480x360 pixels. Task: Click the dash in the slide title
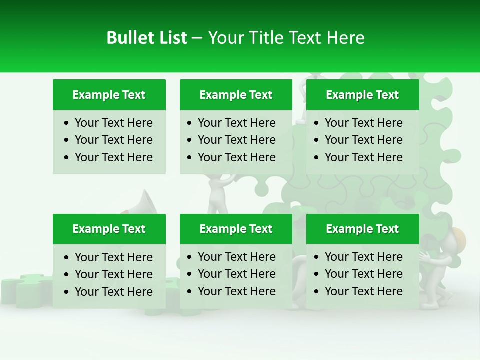pyautogui.click(x=197, y=38)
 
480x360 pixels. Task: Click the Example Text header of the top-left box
pyautogui.click(x=109, y=95)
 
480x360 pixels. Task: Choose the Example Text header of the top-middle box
pyautogui.click(x=236, y=95)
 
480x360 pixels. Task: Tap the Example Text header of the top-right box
pyautogui.click(x=362, y=95)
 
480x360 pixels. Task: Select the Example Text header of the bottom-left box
pyautogui.click(x=109, y=229)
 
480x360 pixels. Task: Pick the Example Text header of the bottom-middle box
pyautogui.click(x=236, y=229)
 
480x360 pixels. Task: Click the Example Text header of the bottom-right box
pyautogui.click(x=362, y=229)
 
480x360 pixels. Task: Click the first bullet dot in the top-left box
pyautogui.click(x=67, y=123)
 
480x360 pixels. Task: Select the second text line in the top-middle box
pyautogui.click(x=236, y=140)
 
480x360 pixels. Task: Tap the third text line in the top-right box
pyautogui.click(x=363, y=157)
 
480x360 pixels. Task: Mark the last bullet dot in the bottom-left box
pyautogui.click(x=67, y=292)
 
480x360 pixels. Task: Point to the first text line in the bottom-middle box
pyautogui.click(x=236, y=257)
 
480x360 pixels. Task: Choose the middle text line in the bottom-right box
pyautogui.click(x=363, y=274)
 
